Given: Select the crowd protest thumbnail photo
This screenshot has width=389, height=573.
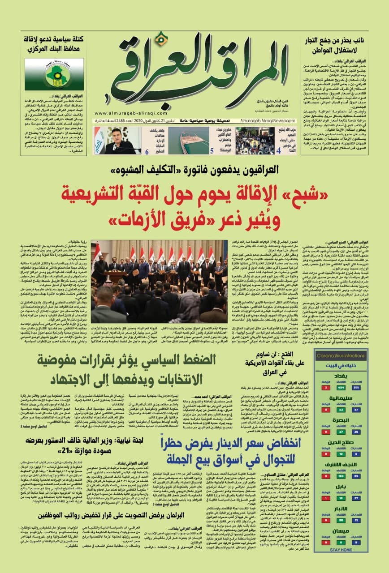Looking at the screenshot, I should tap(255, 141).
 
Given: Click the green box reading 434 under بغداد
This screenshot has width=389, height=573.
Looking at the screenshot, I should tap(341, 387).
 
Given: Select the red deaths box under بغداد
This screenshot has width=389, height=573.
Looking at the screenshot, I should tap(326, 387).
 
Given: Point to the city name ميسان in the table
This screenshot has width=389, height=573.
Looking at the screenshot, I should tap(341, 531).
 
